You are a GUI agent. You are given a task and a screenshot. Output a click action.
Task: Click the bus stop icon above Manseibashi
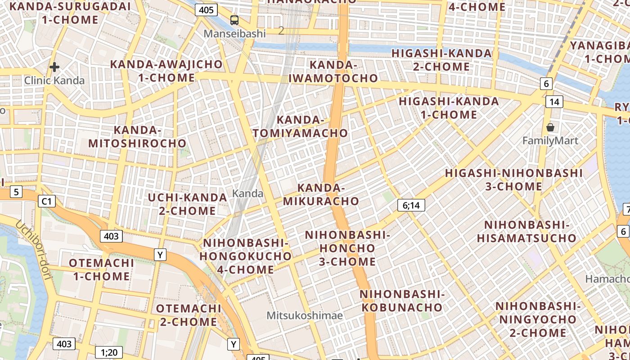click(234, 20)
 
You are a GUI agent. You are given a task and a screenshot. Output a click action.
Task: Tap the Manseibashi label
click(234, 33)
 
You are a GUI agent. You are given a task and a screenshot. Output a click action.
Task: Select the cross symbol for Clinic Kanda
click(54, 67)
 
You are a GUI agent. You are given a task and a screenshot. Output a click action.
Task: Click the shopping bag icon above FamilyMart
click(550, 128)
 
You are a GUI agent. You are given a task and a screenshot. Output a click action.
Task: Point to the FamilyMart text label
click(550, 141)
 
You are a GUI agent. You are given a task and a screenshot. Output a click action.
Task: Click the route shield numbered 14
click(554, 102)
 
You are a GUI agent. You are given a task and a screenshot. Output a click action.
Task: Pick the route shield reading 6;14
click(411, 206)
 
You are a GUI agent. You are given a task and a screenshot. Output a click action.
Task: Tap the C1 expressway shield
click(47, 201)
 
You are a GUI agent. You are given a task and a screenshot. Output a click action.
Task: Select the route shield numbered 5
click(16, 192)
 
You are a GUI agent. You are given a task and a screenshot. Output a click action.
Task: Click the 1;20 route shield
click(109, 352)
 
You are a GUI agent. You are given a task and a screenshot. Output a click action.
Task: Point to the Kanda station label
click(247, 193)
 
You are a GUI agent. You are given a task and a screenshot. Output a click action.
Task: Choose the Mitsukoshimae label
click(305, 315)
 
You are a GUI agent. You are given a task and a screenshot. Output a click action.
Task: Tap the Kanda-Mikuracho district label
click(321, 194)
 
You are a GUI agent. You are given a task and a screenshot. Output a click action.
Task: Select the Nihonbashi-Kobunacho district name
click(402, 301)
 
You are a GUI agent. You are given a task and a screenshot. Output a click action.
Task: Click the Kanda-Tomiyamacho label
click(300, 126)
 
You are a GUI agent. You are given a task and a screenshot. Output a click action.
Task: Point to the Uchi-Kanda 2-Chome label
click(187, 204)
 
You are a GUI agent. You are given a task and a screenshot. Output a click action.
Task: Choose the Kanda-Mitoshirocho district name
click(137, 137)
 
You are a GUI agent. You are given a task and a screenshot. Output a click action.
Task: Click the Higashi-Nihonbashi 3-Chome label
click(514, 180)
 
